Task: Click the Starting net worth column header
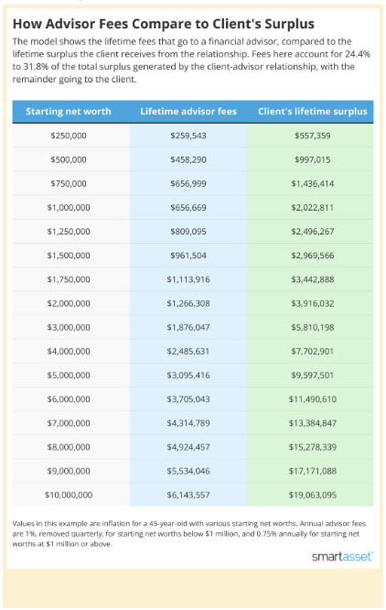click(69, 111)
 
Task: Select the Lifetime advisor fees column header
click(188, 111)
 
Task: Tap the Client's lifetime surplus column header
click(313, 111)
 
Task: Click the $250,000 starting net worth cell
click(69, 136)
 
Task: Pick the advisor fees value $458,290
click(188, 159)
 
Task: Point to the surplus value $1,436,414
click(313, 183)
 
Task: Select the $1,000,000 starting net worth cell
click(69, 207)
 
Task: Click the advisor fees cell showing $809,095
click(188, 232)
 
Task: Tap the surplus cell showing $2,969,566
click(313, 256)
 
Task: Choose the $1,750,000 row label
click(69, 279)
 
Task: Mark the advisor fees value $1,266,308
click(188, 303)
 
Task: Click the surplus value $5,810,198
click(313, 327)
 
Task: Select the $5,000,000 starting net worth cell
click(69, 376)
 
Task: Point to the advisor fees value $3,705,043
click(188, 399)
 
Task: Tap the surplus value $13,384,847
click(313, 423)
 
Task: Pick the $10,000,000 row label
click(69, 495)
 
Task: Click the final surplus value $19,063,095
click(313, 495)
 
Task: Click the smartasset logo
click(342, 557)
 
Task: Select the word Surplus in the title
click(289, 24)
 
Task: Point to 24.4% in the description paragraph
click(358, 54)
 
